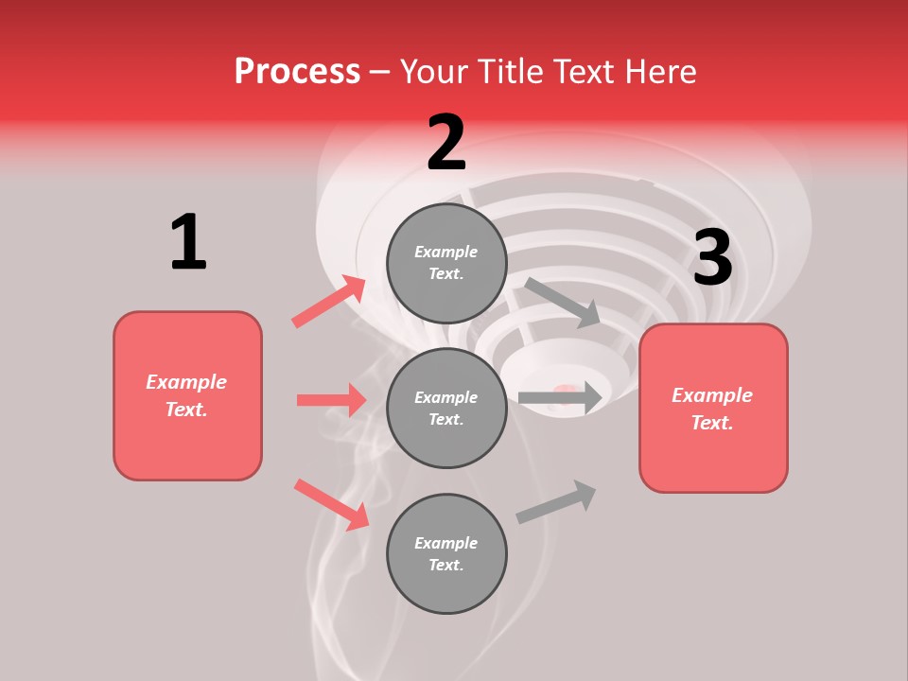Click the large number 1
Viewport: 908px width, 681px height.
pyautogui.click(x=188, y=243)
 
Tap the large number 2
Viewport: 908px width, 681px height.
pyautogui.click(x=446, y=144)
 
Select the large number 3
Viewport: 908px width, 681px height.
pyautogui.click(x=712, y=258)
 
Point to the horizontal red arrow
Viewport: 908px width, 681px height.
pyautogui.click(x=331, y=400)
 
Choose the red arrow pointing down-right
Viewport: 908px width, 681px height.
pyautogui.click(x=332, y=503)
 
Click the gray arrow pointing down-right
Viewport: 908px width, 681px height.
pyautogui.click(x=562, y=302)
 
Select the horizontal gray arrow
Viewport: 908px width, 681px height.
pyautogui.click(x=560, y=398)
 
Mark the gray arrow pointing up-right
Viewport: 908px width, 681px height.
pyautogui.click(x=556, y=502)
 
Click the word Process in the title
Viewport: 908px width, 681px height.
pyautogui.click(x=297, y=71)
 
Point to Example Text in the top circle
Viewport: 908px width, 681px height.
pyautogui.click(x=446, y=263)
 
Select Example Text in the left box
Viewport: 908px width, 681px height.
pyautogui.click(x=186, y=395)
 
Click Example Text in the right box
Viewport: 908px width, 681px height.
pyautogui.click(x=712, y=409)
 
